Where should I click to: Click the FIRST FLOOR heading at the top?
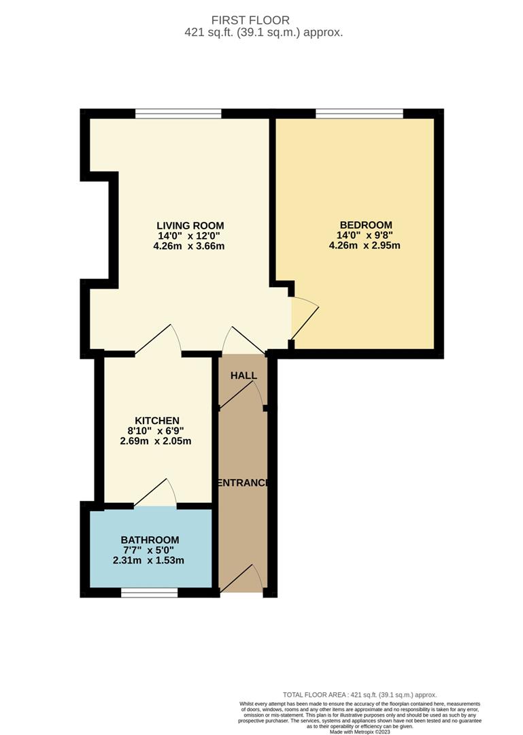pos(250,20)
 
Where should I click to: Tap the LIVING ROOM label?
pos(190,225)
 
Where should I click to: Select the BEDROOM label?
pos(366,225)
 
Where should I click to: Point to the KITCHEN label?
pos(157,421)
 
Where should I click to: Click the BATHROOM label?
pos(150,540)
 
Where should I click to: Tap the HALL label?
pos(243,376)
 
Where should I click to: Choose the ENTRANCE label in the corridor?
pos(242,483)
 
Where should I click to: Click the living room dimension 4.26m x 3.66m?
pos(189,246)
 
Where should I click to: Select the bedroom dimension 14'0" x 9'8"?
pos(365,235)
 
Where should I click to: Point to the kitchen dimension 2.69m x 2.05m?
pos(156,441)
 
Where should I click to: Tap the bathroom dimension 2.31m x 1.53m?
pos(148,560)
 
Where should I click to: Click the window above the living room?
pos(178,114)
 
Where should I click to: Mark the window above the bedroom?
pos(360,114)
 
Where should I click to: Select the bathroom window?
pos(150,593)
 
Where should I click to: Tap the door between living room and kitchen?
pos(158,339)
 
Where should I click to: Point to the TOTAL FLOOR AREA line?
pos(360,695)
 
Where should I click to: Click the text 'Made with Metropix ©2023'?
pos(360,731)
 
